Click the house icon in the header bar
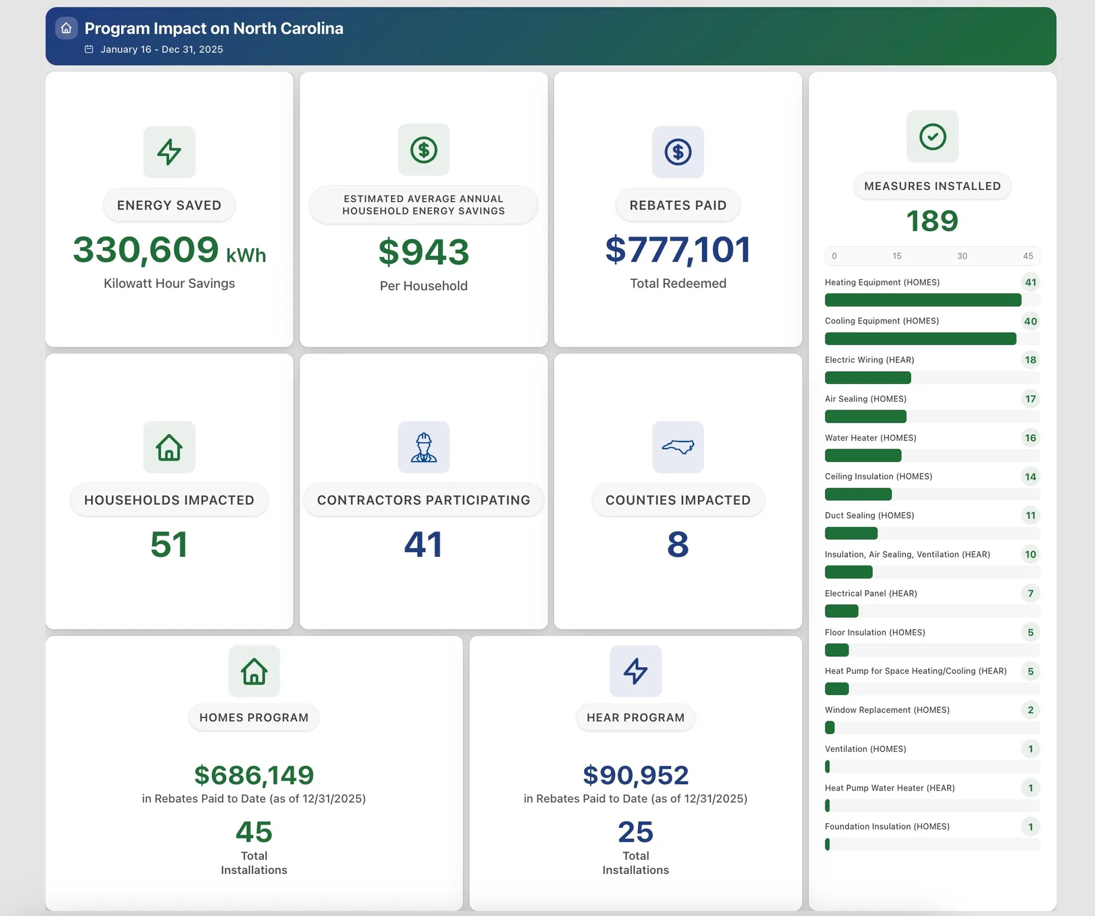pos(66,28)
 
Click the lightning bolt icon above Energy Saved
pos(169,152)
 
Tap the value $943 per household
pos(424,252)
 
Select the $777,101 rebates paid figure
pos(678,250)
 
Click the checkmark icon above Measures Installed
pos(933,136)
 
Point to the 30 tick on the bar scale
pos(962,256)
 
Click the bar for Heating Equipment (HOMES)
pos(923,300)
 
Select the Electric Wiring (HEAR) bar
pos(868,377)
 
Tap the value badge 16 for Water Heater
pos(1031,438)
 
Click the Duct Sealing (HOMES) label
pos(869,516)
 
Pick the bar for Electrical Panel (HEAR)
pos(841,610)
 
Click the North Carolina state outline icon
pos(678,447)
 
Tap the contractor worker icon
pos(424,447)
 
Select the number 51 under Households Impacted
pos(169,544)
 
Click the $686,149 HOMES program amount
pos(254,775)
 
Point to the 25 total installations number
pos(636,832)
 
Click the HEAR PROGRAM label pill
pos(636,718)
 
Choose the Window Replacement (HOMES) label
pos(887,710)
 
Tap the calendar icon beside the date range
pos(89,49)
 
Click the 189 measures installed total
pos(933,221)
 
